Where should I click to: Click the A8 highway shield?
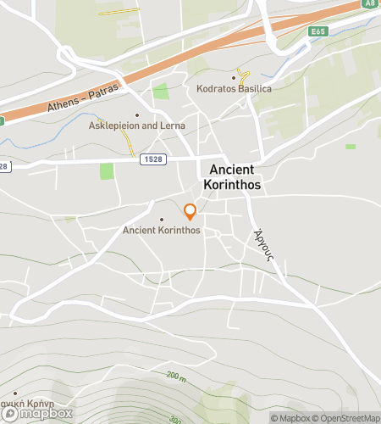pyautogui.click(x=370, y=3)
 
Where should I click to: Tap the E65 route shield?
pyautogui.click(x=318, y=31)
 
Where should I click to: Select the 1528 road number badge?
pyautogui.click(x=153, y=159)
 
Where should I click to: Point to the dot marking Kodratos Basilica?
pyautogui.click(x=235, y=77)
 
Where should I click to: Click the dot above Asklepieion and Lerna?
pyautogui.click(x=137, y=114)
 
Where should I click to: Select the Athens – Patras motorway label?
pyautogui.click(x=78, y=98)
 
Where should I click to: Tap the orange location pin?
pyautogui.click(x=190, y=211)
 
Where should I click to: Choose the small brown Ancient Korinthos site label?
pyautogui.click(x=161, y=230)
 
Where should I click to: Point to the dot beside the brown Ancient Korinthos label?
pyautogui.click(x=161, y=219)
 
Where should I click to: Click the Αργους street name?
pyautogui.click(x=263, y=246)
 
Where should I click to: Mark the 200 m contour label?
pyautogui.click(x=175, y=374)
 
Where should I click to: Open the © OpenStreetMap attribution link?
pyautogui.click(x=345, y=417)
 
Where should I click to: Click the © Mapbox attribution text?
pyautogui.click(x=290, y=417)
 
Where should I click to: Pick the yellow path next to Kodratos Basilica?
pyautogui.click(x=245, y=77)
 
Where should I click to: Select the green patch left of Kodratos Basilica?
pyautogui.click(x=159, y=91)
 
